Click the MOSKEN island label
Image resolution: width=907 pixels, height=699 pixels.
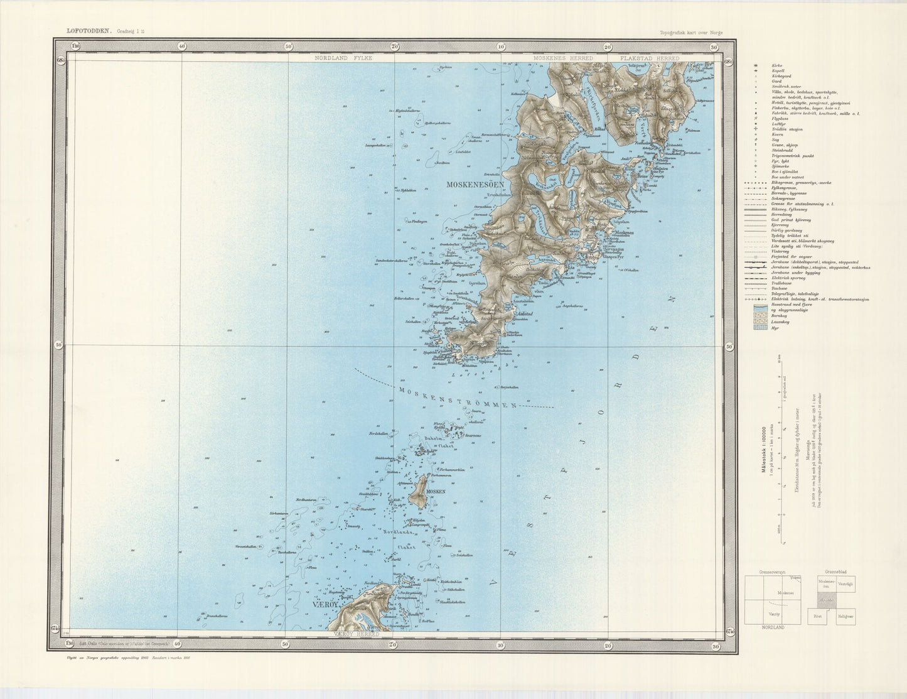[435, 491]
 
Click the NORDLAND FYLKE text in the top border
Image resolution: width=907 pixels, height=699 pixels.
[344, 58]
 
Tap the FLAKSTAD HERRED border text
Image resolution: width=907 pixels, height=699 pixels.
[649, 58]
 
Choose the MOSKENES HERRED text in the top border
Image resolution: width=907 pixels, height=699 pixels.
[563, 58]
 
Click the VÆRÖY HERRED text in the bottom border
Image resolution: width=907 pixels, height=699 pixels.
[355, 634]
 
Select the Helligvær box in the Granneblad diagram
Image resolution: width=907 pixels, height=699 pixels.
[846, 615]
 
